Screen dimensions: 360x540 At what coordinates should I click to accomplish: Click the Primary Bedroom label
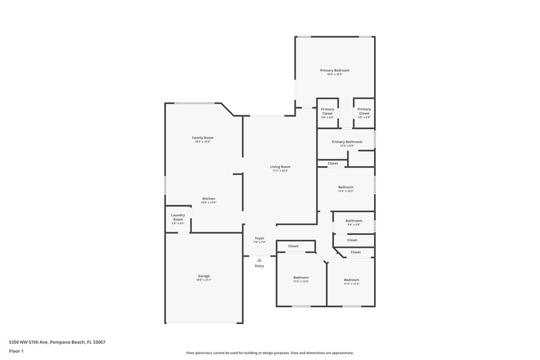[x=334, y=70]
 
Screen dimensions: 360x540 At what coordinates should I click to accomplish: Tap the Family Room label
[x=203, y=138]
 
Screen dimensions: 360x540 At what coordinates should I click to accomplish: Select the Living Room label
[x=280, y=166]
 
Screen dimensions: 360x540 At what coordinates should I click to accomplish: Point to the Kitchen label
[x=209, y=199]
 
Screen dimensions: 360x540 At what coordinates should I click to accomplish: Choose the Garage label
[x=203, y=276]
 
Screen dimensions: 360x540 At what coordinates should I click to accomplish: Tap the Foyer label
[x=259, y=238]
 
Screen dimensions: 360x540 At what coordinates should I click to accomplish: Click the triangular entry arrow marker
[x=259, y=259]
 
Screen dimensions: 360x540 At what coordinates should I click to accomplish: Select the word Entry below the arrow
[x=259, y=266]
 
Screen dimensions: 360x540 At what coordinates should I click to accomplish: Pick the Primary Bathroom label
[x=347, y=142]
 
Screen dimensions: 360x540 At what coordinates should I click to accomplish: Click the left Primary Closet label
[x=327, y=111]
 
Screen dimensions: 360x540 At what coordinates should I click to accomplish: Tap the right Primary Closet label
[x=364, y=111]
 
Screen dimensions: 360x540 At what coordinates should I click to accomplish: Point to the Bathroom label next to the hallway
[x=354, y=220]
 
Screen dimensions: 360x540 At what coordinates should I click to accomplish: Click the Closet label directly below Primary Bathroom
[x=333, y=163]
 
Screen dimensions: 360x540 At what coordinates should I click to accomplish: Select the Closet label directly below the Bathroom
[x=352, y=240]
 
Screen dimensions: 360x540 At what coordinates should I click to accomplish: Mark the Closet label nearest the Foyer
[x=293, y=246]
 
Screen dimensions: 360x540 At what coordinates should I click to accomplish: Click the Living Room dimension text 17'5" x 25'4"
[x=280, y=171]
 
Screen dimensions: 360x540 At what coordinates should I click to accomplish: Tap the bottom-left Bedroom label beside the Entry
[x=300, y=278]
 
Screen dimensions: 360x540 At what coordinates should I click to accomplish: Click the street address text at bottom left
[x=57, y=342]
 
